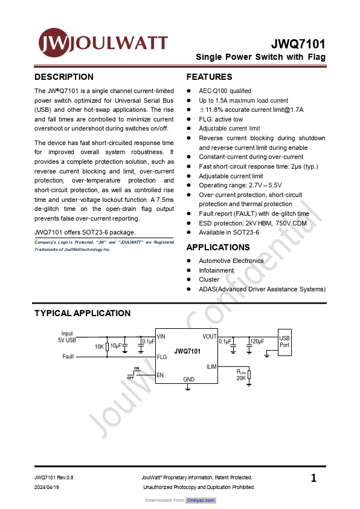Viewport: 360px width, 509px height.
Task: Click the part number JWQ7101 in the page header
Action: pos(298,44)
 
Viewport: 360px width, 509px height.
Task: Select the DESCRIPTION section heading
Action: pos(64,77)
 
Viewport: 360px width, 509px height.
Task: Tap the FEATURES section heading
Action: pos(209,77)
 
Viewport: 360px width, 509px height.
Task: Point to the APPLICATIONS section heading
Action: pos(217,247)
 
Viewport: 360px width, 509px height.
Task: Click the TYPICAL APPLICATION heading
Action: pos(82,313)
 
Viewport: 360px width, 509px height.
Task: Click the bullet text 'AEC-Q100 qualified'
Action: pos(225,91)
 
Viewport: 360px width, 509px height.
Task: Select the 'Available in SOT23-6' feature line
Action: pos(229,232)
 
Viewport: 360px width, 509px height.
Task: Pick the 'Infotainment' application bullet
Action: pos(216,270)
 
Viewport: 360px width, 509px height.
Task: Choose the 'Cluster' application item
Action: pos(209,280)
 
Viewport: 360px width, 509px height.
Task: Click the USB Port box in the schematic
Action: pos(284,341)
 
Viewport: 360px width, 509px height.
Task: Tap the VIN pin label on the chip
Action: pos(161,336)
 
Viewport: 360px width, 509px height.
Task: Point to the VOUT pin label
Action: pos(210,336)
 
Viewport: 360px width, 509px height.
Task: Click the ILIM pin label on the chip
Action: pos(211,367)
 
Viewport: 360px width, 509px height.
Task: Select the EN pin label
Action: pos(160,375)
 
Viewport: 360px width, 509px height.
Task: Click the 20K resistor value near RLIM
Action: pos(240,378)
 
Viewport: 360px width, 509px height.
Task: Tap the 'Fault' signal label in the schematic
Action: pos(68,357)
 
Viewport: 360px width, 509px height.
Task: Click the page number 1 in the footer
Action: pos(313,479)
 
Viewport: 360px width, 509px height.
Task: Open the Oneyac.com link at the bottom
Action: pos(201,501)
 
